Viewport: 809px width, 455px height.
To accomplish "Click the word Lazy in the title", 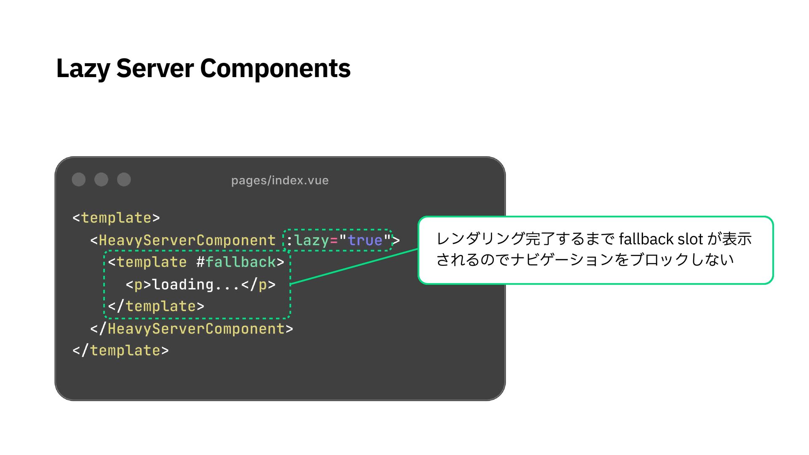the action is [83, 69].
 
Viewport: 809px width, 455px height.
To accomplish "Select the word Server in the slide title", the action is [155, 69].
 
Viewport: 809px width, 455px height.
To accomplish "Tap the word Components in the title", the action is [275, 69].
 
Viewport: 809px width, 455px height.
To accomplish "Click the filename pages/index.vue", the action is [280, 180].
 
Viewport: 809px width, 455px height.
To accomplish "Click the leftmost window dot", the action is [79, 179].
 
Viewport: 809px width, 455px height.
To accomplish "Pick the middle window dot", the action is [101, 179].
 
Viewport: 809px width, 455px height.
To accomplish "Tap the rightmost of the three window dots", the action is [124, 179].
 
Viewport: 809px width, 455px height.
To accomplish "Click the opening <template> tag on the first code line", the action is [116, 218].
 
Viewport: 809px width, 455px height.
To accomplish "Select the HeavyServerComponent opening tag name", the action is [187, 240].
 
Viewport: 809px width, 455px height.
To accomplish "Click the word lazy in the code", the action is [311, 240].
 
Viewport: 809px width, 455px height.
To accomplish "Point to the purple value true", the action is [365, 240].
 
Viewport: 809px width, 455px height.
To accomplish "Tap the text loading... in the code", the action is [196, 284].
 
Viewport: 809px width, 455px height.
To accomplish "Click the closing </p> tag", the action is [258, 284].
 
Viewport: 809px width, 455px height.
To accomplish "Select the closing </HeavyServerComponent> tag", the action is [192, 329].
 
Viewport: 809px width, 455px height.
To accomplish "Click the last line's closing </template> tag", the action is [121, 351].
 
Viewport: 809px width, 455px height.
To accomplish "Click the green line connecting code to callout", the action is [354, 267].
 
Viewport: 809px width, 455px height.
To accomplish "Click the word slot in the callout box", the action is [690, 239].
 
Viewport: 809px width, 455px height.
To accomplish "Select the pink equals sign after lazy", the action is [334, 241].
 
